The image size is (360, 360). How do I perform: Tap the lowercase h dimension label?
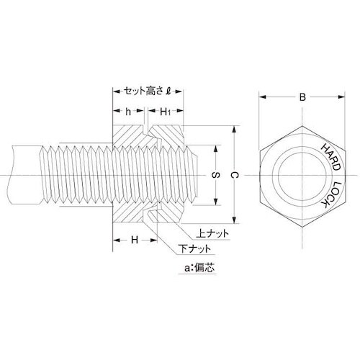tap(127, 112)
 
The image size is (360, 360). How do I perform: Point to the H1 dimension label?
tap(165, 112)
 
